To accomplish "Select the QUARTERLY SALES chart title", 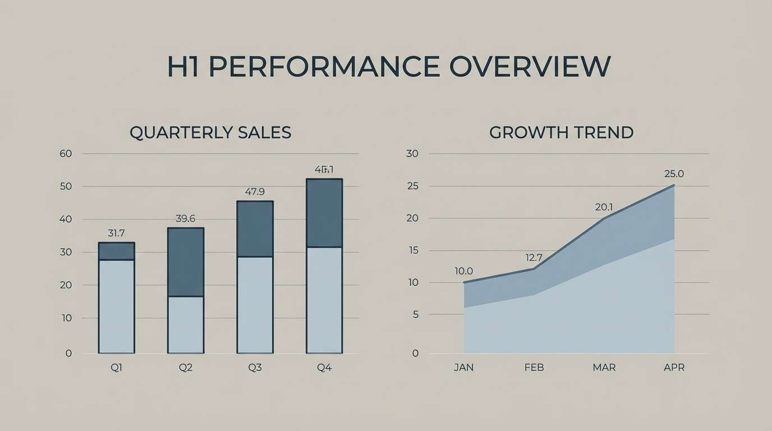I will point(210,132).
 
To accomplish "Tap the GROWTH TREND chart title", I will point(561,132).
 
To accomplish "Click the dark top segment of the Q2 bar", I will point(186,262).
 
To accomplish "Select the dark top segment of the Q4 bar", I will point(324,213).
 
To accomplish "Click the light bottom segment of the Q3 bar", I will point(255,304).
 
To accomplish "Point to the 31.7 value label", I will point(116,233).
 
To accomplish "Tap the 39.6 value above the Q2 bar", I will point(185,218).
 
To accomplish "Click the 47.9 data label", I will point(255,191).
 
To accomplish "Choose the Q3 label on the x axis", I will point(255,368).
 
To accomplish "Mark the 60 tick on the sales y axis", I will point(66,153).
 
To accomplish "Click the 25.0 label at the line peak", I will point(674,174).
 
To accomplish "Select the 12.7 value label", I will point(534,258).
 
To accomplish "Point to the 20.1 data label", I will point(604,207).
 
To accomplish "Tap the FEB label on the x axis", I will point(534,368).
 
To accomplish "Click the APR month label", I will point(674,368).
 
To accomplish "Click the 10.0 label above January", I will point(464,271).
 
